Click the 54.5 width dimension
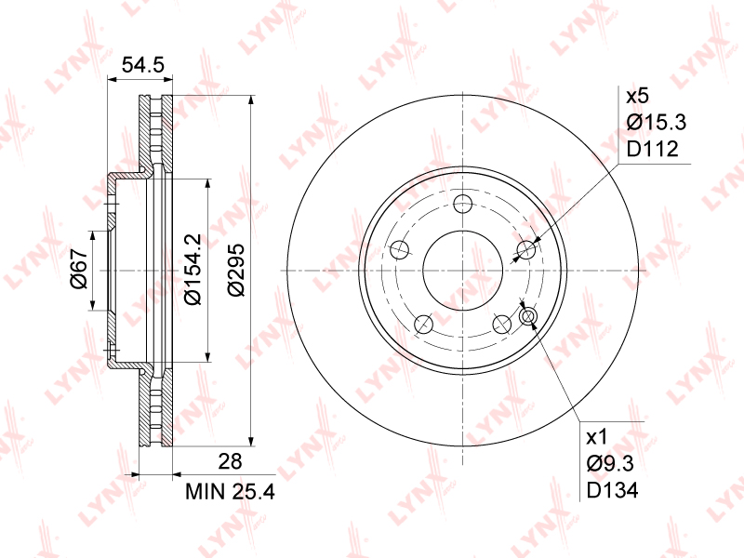pos(143,65)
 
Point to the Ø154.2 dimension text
pos(193,269)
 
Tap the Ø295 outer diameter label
pos(236,270)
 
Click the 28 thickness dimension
pos(230,461)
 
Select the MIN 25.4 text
pos(229,489)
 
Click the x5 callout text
pos(636,97)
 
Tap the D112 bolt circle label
pos(651,149)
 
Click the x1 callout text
pos(596,437)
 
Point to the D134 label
pos(611,489)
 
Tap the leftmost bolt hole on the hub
pos(400,249)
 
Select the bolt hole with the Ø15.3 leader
pos(526,249)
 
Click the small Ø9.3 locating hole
pos(528,318)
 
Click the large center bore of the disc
pos(463,269)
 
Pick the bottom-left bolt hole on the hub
pos(424,324)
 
